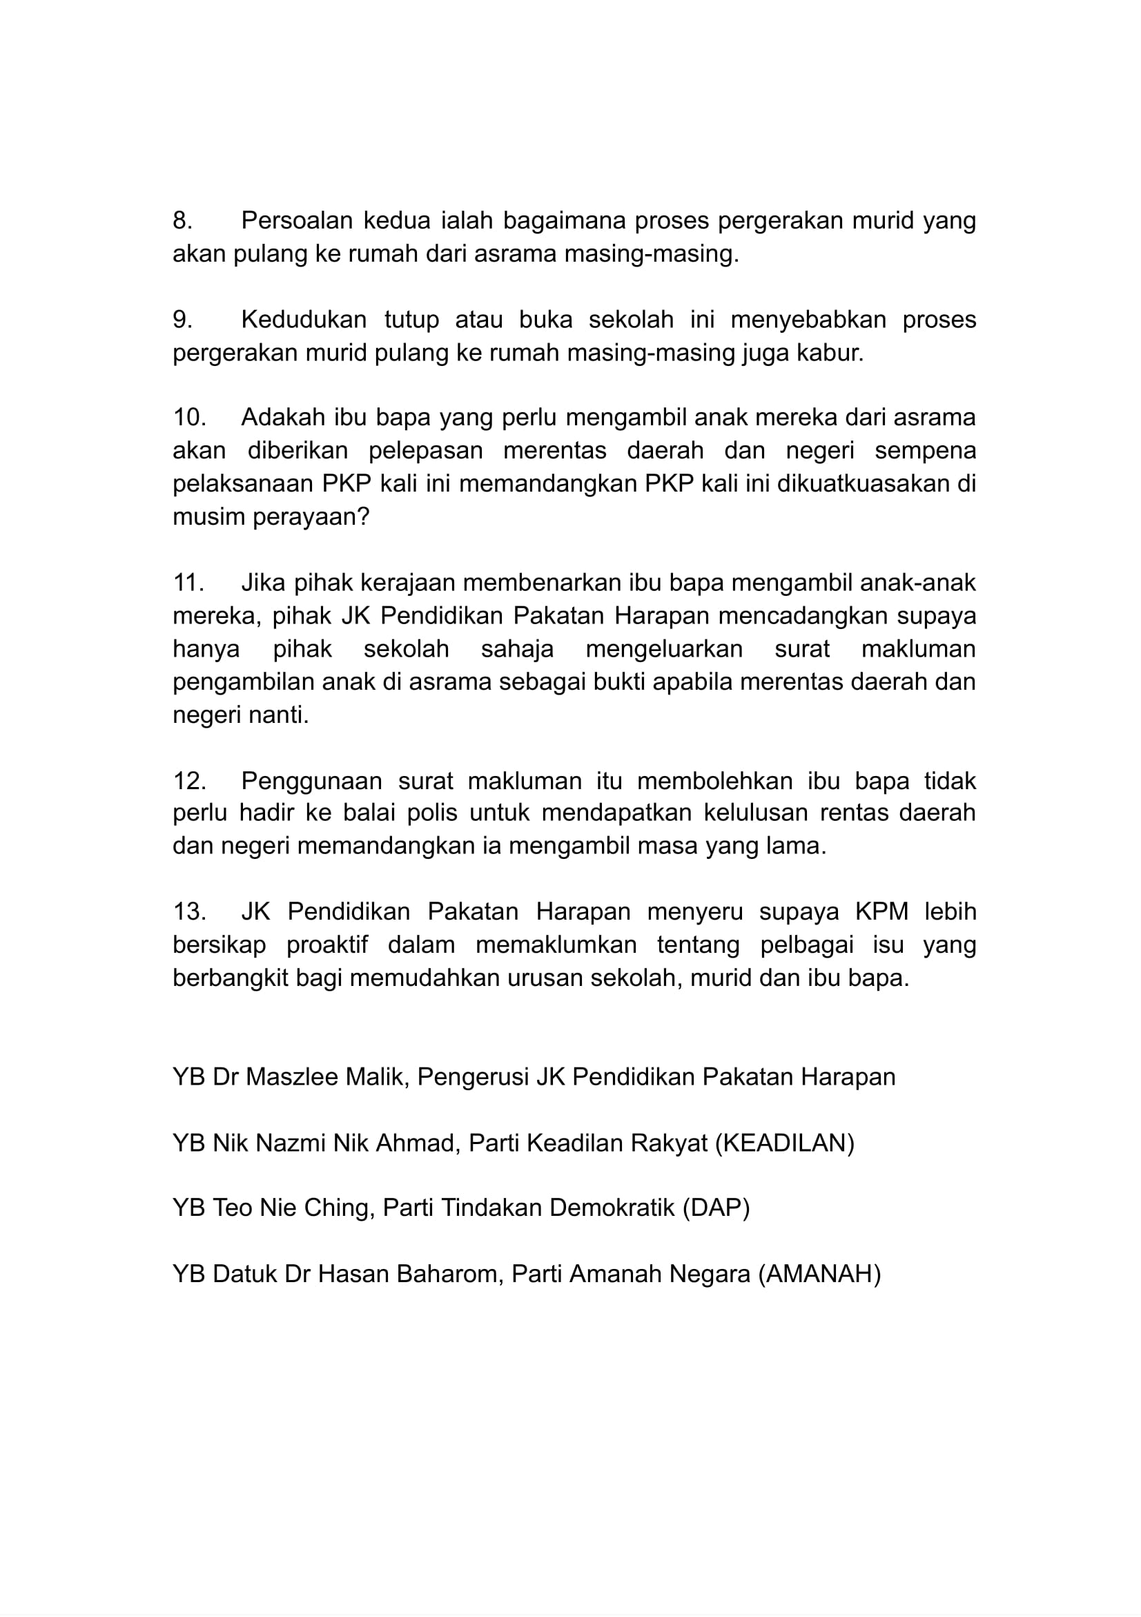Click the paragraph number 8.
tap(182, 221)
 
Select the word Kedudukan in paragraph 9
tap(304, 320)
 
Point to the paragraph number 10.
tap(188, 418)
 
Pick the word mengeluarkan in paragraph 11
tap(664, 648)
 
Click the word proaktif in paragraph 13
tap(326, 945)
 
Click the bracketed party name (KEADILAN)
tap(784, 1143)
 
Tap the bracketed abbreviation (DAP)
tap(716, 1208)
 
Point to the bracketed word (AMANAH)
tap(819, 1274)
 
